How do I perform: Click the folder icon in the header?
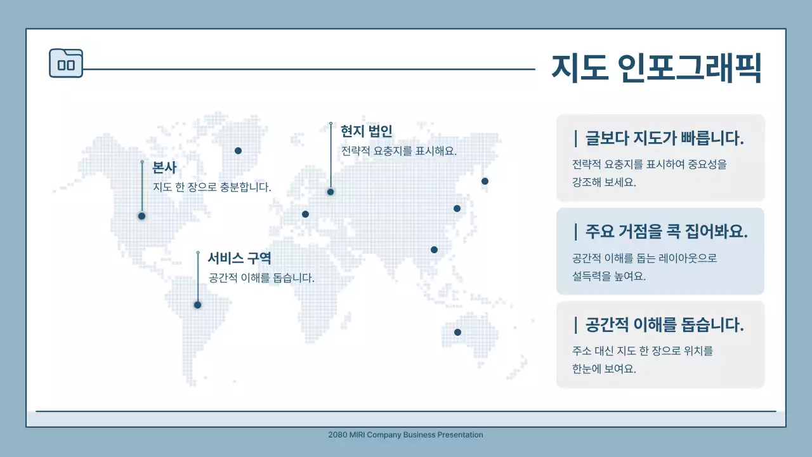coord(66,63)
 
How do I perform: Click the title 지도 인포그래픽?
coord(657,68)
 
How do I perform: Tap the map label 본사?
coord(164,168)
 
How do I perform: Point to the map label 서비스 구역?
coord(239,258)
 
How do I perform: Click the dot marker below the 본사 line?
coord(141,216)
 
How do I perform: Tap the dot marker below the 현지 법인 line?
coord(331,192)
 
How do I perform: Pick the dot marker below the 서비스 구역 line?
coord(197,305)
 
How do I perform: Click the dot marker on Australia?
coord(457,332)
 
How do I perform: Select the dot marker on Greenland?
coord(238,150)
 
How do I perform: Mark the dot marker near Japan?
coord(485,181)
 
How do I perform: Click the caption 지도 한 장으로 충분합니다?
coord(212,187)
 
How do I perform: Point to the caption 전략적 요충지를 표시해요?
coord(399,151)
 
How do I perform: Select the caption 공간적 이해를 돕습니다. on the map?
coord(261,278)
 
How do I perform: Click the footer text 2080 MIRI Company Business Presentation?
coord(406,435)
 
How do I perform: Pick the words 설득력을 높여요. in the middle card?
coord(609,276)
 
